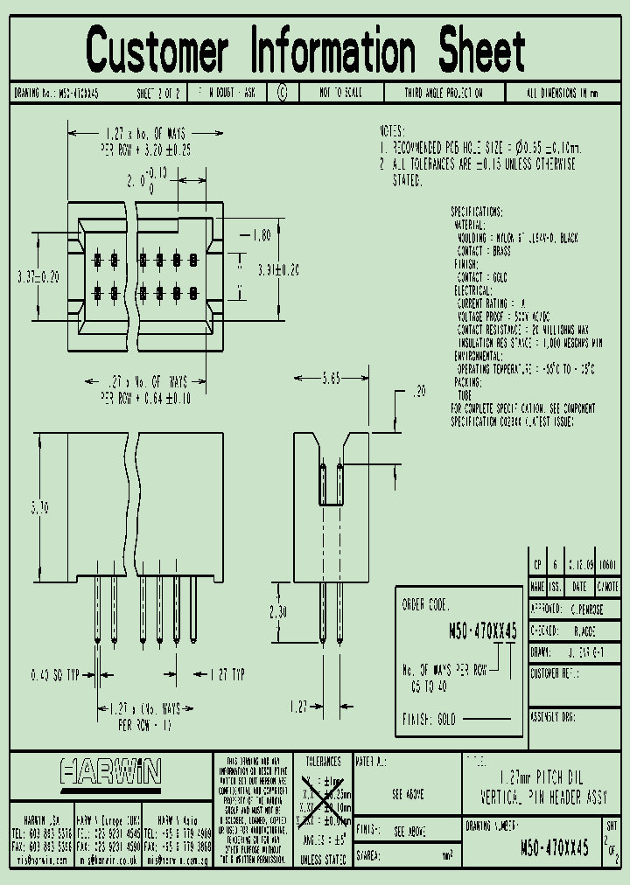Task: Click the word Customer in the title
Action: [x=158, y=50]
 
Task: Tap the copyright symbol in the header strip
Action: [x=281, y=93]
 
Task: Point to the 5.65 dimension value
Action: [x=330, y=378]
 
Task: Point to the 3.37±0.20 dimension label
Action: [x=36, y=276]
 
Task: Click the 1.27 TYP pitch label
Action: [x=227, y=674]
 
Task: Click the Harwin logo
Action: [x=110, y=771]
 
